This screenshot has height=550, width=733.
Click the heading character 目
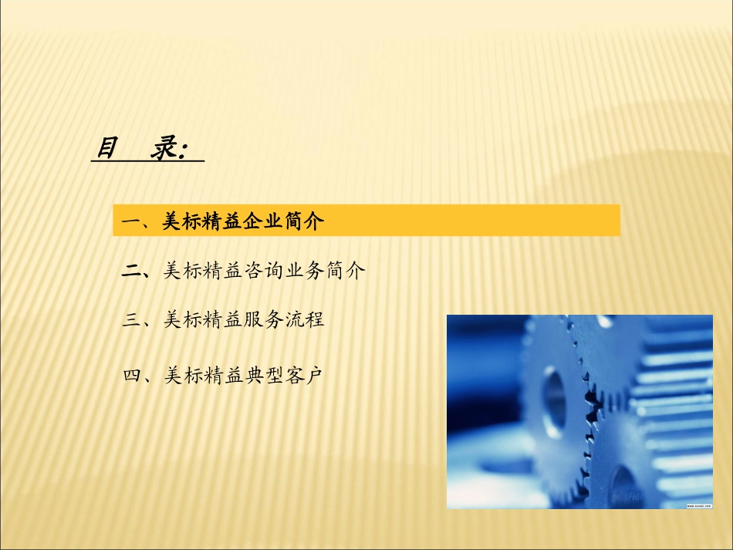click(106, 147)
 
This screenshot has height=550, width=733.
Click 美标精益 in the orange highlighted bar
click(202, 222)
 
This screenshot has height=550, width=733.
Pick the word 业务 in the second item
click(304, 271)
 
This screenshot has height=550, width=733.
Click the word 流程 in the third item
click(304, 319)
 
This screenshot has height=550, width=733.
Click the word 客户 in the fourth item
click(304, 376)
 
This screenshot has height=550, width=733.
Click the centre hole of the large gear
click(554, 393)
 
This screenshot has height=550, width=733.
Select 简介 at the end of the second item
click(345, 271)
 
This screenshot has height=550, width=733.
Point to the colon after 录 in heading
click(183, 151)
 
